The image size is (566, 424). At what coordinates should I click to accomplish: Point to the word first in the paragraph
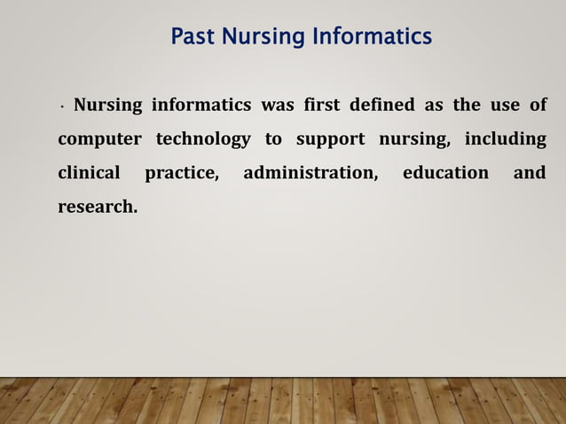(321, 106)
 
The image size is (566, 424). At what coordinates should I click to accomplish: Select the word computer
(98, 140)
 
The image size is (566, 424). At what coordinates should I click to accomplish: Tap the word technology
(203, 140)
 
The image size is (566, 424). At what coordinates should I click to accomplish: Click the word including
(506, 140)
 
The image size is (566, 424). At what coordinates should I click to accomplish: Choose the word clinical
(88, 173)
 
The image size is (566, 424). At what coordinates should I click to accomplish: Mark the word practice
(182, 173)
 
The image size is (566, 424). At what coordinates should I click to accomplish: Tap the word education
(445, 173)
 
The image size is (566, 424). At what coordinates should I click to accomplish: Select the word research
(98, 208)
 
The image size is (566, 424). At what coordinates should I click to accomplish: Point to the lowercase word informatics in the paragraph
(201, 106)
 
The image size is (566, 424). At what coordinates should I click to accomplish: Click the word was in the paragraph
(278, 106)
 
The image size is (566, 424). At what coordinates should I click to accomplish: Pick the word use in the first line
(506, 106)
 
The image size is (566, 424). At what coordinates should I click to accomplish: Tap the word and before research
(530, 173)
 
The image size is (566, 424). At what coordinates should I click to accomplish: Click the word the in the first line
(467, 106)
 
